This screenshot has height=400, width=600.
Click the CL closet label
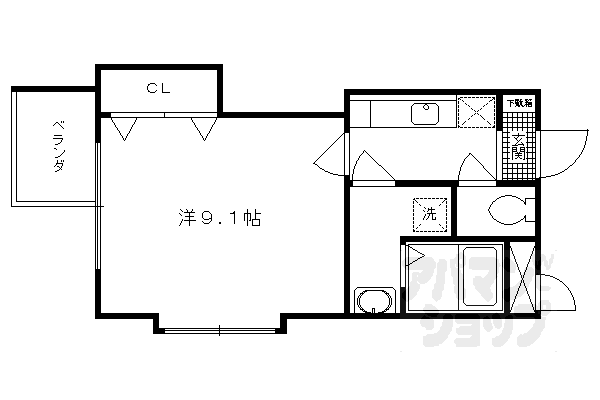click(158, 88)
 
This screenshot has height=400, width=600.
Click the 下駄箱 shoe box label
click(518, 103)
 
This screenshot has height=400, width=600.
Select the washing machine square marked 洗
click(428, 212)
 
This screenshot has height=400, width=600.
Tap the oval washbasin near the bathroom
click(375, 301)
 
